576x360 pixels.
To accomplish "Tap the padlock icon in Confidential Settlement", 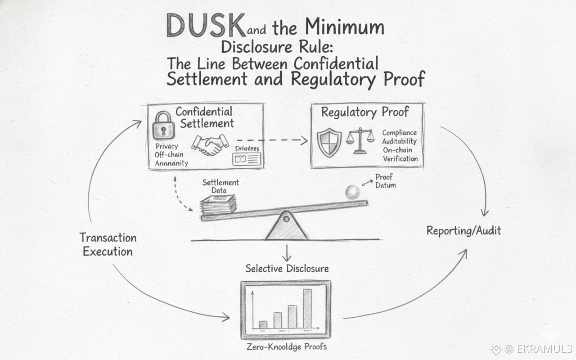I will (x=163, y=125).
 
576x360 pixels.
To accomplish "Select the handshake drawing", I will (x=210, y=145).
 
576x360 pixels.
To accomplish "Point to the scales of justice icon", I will (x=360, y=140).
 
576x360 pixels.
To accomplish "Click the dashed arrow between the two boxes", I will (x=272, y=141).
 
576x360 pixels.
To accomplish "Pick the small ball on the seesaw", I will (x=352, y=192).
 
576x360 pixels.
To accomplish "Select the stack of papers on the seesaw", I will (x=219, y=205).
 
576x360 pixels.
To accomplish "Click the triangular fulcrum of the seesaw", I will (x=287, y=226).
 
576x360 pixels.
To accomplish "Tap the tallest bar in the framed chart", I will (x=307, y=308).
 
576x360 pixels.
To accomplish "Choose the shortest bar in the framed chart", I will (x=263, y=324).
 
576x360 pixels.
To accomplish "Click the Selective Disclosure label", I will (x=287, y=269).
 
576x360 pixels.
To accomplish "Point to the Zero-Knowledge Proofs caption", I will (x=287, y=347).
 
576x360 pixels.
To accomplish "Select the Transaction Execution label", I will (x=108, y=244).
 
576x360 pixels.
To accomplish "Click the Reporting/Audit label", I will (x=463, y=231).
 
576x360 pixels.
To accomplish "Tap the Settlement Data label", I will (x=220, y=186).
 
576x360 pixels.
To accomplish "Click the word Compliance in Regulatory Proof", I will (x=399, y=133).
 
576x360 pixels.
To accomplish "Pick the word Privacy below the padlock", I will (x=166, y=146).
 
